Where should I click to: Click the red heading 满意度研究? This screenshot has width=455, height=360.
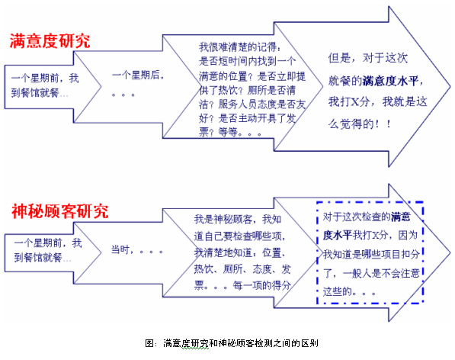pyautogui.click(x=50, y=41)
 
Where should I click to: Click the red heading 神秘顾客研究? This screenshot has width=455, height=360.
pyautogui.click(x=59, y=211)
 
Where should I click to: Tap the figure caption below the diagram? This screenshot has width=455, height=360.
pyautogui.click(x=232, y=343)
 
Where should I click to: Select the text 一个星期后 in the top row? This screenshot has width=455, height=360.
pyautogui.click(x=136, y=76)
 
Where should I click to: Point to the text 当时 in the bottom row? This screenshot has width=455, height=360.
pyautogui.click(x=120, y=249)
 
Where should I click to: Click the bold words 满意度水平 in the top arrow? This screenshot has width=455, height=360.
pyautogui.click(x=390, y=81)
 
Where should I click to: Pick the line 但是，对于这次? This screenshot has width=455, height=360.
pyautogui.click(x=368, y=58)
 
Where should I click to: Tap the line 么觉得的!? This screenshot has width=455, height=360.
pyautogui.click(x=359, y=124)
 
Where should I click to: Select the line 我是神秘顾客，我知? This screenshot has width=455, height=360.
pyautogui.click(x=238, y=219)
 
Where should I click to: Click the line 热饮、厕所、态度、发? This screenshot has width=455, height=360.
pyautogui.click(x=242, y=269)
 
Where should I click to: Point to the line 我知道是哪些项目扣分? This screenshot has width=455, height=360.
pyautogui.click(x=371, y=254)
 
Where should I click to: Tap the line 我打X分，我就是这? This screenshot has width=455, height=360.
pyautogui.click(x=378, y=102)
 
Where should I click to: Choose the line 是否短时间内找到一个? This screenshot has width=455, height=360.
pyautogui.click(x=247, y=61)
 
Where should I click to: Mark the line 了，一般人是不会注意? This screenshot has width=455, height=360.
pyautogui.click(x=371, y=273)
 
